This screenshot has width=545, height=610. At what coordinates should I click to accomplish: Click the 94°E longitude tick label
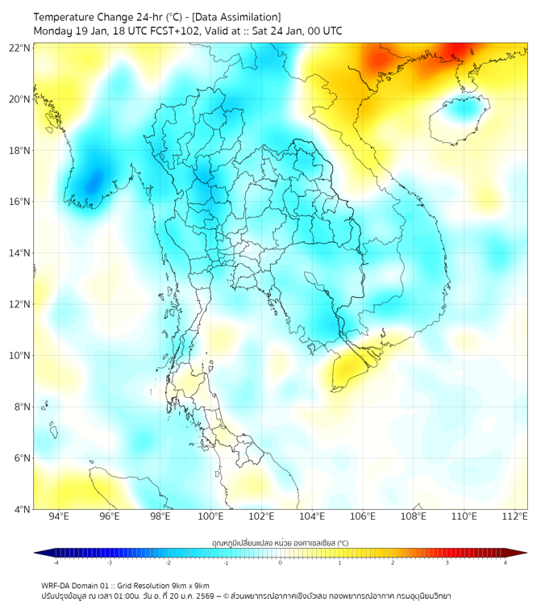click(x=59, y=516)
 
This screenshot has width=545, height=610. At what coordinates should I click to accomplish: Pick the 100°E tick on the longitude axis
click(x=211, y=516)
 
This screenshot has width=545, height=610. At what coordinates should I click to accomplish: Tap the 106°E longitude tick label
click(x=363, y=516)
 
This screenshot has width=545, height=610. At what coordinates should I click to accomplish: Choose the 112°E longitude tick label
click(x=515, y=516)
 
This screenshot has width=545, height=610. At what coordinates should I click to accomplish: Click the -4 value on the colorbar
click(x=56, y=562)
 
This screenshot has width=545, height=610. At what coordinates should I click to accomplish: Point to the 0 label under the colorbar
click(x=281, y=562)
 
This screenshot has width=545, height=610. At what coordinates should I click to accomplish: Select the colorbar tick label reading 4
click(x=505, y=562)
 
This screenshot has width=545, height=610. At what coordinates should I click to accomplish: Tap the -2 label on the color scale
click(x=168, y=562)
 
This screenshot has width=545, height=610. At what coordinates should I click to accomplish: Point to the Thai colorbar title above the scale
click(x=280, y=543)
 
